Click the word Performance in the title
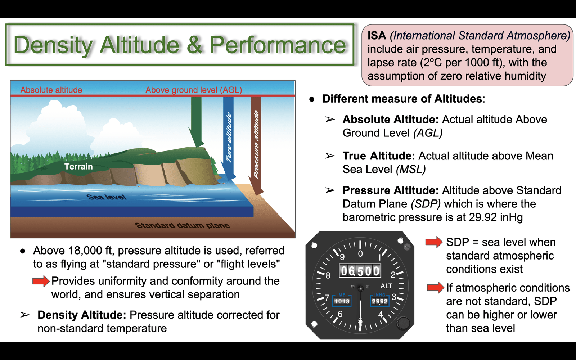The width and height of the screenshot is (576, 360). [278, 45]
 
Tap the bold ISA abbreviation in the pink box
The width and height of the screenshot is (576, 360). [377, 36]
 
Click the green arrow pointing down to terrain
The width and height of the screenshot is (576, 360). [196, 122]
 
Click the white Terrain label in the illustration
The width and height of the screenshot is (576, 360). [78, 167]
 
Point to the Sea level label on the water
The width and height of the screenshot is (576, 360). [107, 197]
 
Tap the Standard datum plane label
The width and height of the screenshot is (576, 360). [182, 225]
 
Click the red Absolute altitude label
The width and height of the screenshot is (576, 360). [51, 90]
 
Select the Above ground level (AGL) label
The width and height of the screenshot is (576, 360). [194, 90]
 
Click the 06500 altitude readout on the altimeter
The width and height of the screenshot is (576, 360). [360, 271]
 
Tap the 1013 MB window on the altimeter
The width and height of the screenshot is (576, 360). [342, 301]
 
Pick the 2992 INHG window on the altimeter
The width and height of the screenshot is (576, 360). [380, 301]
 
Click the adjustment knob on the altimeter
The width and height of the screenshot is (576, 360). [403, 323]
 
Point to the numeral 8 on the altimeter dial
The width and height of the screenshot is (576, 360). [328, 276]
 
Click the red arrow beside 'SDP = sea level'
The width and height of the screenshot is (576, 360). [434, 242]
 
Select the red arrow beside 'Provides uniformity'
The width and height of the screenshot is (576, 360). [41, 281]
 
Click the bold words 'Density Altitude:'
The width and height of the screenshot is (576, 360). [82, 315]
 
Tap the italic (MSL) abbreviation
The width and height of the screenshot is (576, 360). [411, 170]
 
